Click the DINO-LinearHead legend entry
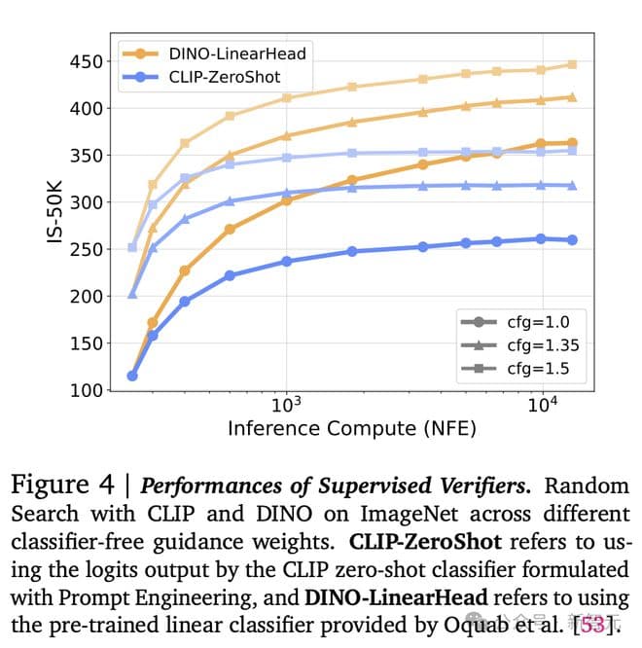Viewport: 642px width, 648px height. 237,54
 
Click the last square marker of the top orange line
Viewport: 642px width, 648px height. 572,64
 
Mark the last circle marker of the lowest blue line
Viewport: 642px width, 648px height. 572,239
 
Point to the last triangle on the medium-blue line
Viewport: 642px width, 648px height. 572,185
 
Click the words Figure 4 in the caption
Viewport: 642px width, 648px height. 61,484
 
